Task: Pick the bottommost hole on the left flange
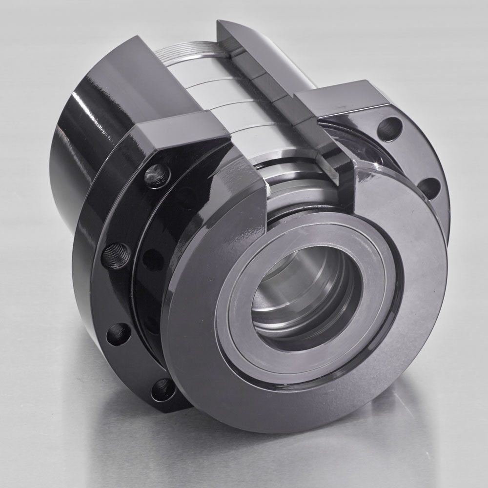pyautogui.click(x=163, y=389)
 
